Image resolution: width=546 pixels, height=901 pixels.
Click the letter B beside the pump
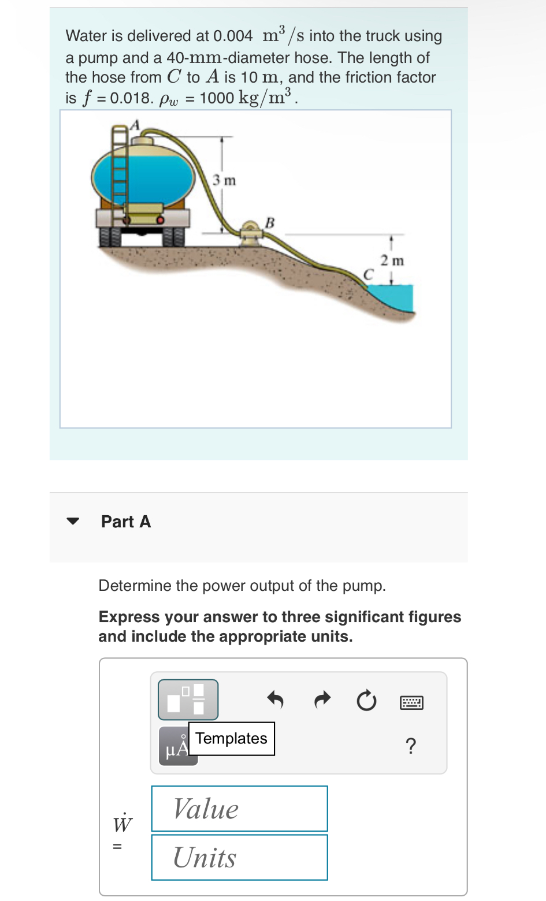click(269, 222)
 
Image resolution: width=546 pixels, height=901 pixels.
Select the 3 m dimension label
click(224, 180)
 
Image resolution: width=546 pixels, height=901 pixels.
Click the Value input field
click(239, 809)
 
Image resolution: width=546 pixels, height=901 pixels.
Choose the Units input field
click(239, 857)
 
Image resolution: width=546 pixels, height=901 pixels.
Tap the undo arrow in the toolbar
click(276, 701)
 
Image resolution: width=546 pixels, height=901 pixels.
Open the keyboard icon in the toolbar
click(411, 702)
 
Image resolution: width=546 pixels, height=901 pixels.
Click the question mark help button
click(411, 746)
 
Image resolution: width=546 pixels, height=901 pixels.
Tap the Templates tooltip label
click(231, 739)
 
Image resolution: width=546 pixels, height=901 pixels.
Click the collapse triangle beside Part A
click(72, 521)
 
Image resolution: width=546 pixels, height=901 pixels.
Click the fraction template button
click(188, 699)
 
